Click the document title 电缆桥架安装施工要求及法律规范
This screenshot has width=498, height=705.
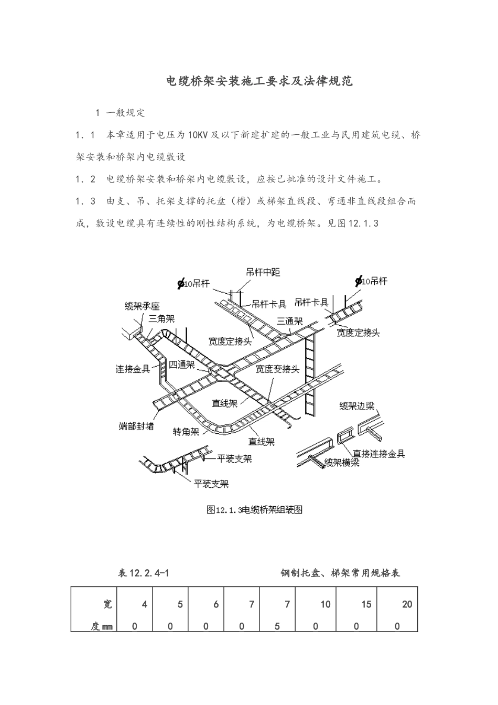(259, 81)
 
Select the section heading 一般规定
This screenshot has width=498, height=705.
(125, 113)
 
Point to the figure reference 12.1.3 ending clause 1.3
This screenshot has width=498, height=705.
(363, 223)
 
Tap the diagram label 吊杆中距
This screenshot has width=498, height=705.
(263, 272)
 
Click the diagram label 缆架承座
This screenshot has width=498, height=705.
(142, 306)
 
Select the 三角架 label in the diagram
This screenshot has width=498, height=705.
(161, 318)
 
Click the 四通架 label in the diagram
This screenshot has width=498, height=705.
(182, 365)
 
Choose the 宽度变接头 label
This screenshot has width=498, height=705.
(277, 369)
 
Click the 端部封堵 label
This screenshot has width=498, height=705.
(136, 426)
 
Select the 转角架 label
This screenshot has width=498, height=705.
(186, 432)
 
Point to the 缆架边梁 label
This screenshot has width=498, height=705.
(360, 405)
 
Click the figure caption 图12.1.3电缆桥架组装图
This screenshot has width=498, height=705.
(255, 509)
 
